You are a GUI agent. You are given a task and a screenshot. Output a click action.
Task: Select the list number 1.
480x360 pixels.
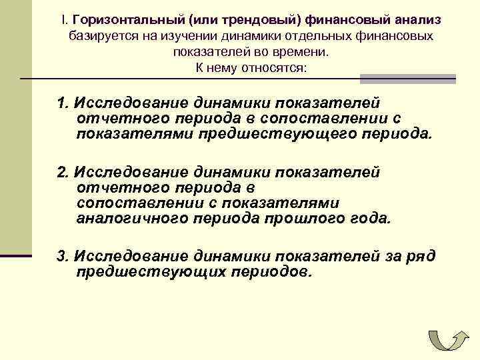point(63,103)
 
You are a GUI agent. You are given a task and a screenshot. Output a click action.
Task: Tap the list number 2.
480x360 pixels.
point(63,172)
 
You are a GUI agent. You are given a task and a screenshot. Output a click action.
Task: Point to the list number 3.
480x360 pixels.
point(63,255)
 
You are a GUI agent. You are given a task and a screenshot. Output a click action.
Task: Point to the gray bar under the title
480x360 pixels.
point(407,79)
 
